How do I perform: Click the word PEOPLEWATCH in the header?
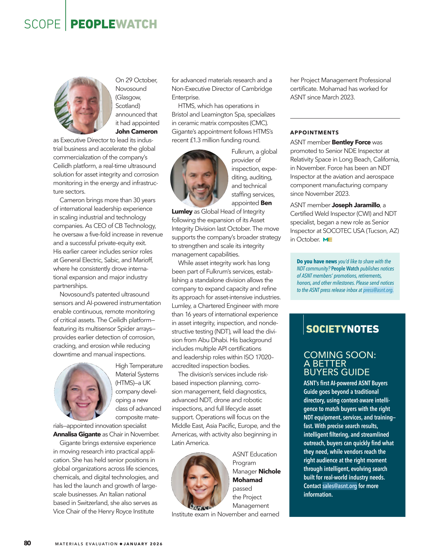(113, 24)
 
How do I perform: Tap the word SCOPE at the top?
(42, 24)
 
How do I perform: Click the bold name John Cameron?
(136, 131)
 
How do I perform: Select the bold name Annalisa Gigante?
(77, 434)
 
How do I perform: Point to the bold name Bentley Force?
(351, 142)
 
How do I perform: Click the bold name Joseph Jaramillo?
(356, 205)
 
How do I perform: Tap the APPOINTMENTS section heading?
(315, 132)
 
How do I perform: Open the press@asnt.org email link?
(378, 290)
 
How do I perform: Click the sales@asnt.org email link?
(339, 486)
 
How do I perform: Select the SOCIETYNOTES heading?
(342, 329)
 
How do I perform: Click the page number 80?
(27, 543)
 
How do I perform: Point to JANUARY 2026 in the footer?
(143, 544)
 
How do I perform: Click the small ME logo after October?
(328, 239)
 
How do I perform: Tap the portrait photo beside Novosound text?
(83, 105)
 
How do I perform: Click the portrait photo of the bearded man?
(199, 178)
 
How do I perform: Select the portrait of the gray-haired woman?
(83, 391)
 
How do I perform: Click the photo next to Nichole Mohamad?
(200, 481)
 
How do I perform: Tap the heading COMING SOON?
(339, 355)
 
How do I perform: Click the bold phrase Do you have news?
(317, 261)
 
